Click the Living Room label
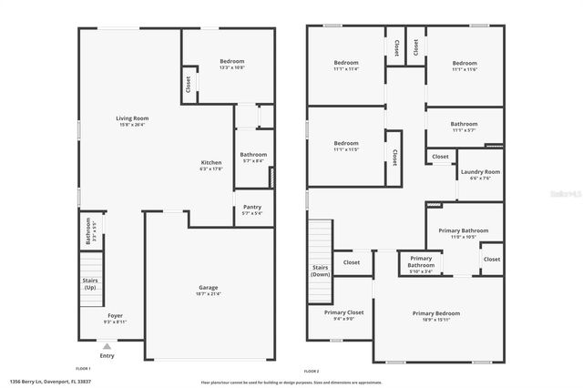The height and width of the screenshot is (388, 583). click(x=132, y=118)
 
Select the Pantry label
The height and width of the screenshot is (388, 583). click(x=252, y=207)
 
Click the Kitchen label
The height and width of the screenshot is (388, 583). click(x=211, y=162)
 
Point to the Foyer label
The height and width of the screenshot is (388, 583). click(x=115, y=315)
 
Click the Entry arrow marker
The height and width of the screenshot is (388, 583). click(x=107, y=346)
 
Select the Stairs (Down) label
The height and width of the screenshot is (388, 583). click(x=320, y=271)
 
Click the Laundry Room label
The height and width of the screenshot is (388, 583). click(x=479, y=171)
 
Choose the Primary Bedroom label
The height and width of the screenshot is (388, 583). click(x=435, y=313)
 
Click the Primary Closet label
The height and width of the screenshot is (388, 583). click(x=344, y=312)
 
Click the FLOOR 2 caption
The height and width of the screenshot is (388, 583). click(x=312, y=371)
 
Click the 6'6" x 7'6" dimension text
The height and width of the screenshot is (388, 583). click(x=479, y=178)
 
